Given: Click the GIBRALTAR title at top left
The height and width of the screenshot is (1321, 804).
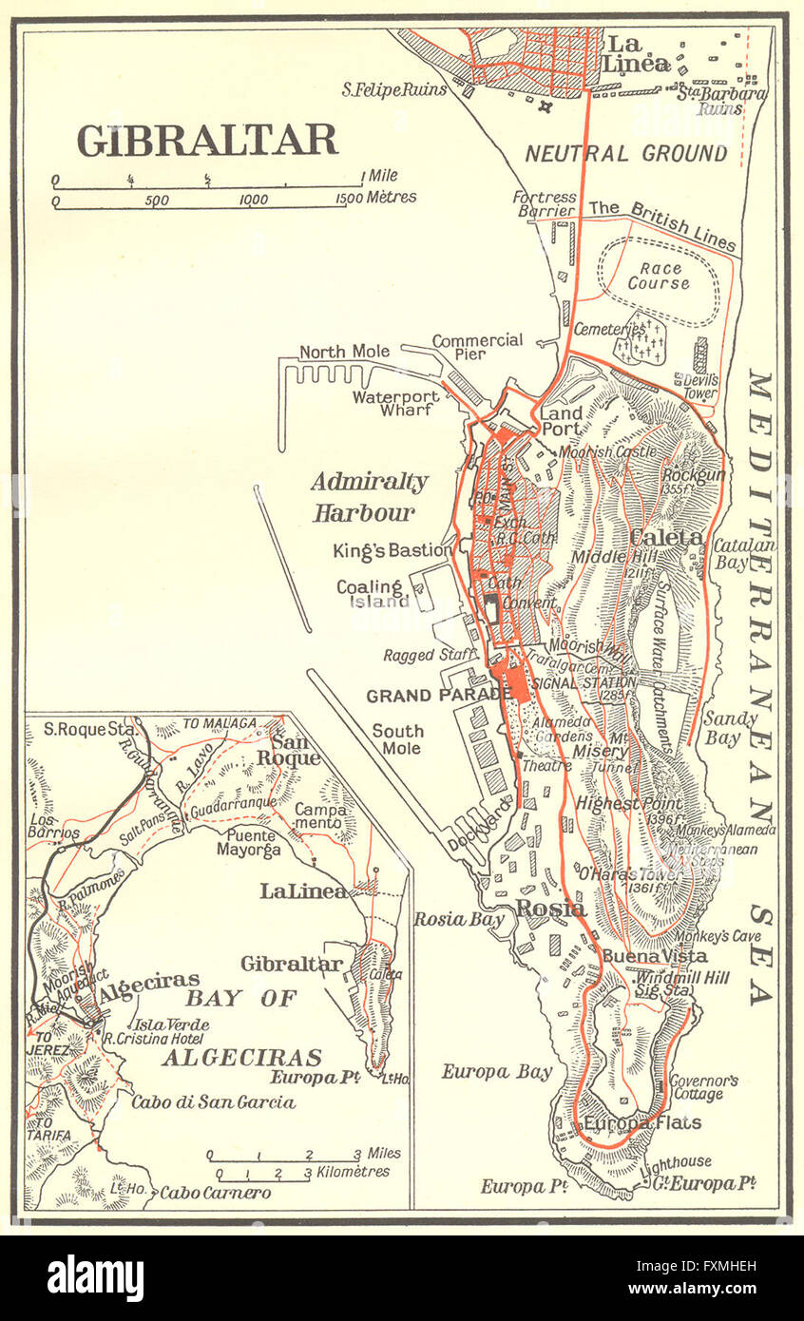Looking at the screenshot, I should tap(207, 141).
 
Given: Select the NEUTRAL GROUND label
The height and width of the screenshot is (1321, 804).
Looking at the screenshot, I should tap(626, 153).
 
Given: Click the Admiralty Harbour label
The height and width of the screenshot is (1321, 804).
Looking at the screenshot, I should tap(369, 497).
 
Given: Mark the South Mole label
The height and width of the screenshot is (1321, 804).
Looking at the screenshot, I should tap(397, 740).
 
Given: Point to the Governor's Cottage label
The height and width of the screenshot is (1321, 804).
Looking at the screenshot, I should tap(698, 1087).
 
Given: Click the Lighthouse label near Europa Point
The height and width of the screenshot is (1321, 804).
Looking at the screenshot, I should tap(676, 1160).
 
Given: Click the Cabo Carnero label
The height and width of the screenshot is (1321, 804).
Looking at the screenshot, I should tap(215, 1192).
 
